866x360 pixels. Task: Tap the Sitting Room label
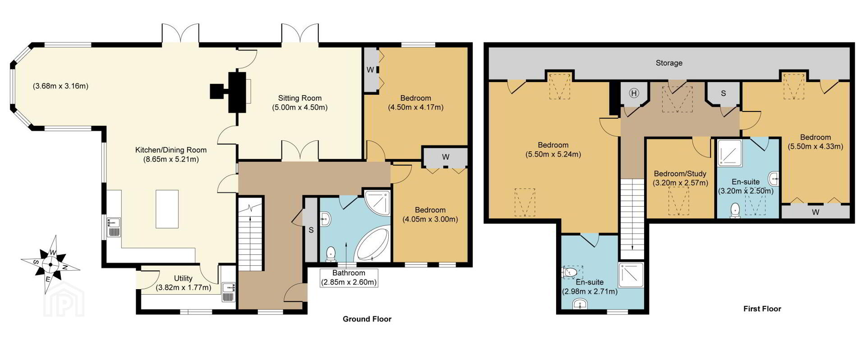(x=299, y=98)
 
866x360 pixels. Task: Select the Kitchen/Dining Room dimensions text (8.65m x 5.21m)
(x=167, y=159)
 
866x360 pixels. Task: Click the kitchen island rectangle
(x=167, y=209)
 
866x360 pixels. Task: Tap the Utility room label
(x=183, y=279)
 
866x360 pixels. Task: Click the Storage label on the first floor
(x=669, y=63)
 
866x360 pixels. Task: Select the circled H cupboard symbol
(x=634, y=93)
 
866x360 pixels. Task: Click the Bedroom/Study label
(x=680, y=174)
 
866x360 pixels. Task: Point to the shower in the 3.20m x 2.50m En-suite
(x=730, y=152)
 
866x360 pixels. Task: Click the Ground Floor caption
(x=367, y=319)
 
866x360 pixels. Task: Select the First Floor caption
(x=762, y=309)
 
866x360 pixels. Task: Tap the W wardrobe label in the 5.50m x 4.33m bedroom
(x=815, y=212)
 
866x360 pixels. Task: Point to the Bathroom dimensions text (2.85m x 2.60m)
(x=349, y=282)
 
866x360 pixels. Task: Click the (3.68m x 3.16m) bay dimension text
(x=60, y=86)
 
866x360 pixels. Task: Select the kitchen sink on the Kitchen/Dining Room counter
(x=113, y=226)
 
